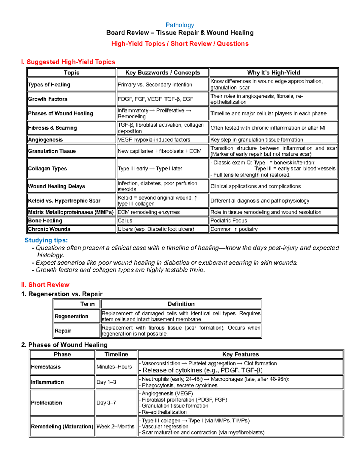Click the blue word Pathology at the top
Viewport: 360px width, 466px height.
(180, 25)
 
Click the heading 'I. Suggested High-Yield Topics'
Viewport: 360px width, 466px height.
(68, 62)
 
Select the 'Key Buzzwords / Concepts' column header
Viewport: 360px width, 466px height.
(163, 73)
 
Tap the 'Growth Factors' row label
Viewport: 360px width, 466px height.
(48, 99)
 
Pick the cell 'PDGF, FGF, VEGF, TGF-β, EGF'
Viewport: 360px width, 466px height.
(155, 99)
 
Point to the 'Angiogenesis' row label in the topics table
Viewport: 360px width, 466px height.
(45, 140)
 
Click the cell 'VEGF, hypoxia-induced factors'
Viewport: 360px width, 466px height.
(154, 140)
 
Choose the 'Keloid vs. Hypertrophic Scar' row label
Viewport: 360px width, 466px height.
(64, 201)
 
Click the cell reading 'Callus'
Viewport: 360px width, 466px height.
(125, 221)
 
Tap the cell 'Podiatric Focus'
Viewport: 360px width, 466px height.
(229, 221)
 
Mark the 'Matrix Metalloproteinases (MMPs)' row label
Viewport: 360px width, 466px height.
(71, 212)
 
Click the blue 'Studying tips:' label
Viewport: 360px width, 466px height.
(46, 240)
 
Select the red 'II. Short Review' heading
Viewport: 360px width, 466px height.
(45, 284)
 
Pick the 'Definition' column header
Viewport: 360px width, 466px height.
(181, 304)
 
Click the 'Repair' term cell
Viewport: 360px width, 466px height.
(63, 331)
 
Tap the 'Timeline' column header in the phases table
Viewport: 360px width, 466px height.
(116, 354)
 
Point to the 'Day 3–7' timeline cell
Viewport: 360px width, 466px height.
(106, 403)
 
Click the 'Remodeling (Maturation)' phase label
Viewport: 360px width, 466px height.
(62, 426)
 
